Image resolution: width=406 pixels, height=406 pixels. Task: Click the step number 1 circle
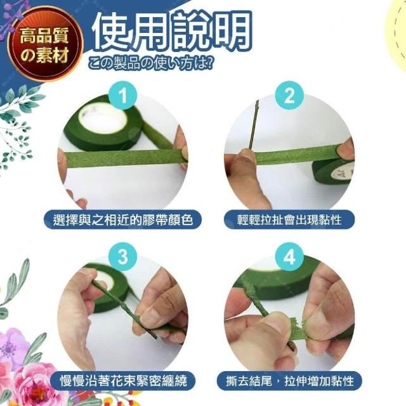tap(122, 95)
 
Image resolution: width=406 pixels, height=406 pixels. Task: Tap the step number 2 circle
tap(289, 95)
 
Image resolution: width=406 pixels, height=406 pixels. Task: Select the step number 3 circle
tap(122, 256)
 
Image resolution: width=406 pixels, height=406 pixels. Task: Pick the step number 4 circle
tap(289, 256)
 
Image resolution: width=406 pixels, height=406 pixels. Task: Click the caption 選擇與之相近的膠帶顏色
tap(122, 219)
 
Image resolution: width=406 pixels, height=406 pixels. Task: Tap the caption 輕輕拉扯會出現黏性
tap(289, 219)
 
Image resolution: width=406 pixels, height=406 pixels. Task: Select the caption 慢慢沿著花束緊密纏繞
tap(123, 381)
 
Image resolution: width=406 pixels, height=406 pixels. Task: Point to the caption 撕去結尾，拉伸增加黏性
tap(289, 381)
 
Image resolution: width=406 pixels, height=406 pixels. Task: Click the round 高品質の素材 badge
tap(44, 44)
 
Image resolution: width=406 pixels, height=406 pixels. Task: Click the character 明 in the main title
tap(231, 30)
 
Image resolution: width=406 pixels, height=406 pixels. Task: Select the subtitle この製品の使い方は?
tap(151, 63)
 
